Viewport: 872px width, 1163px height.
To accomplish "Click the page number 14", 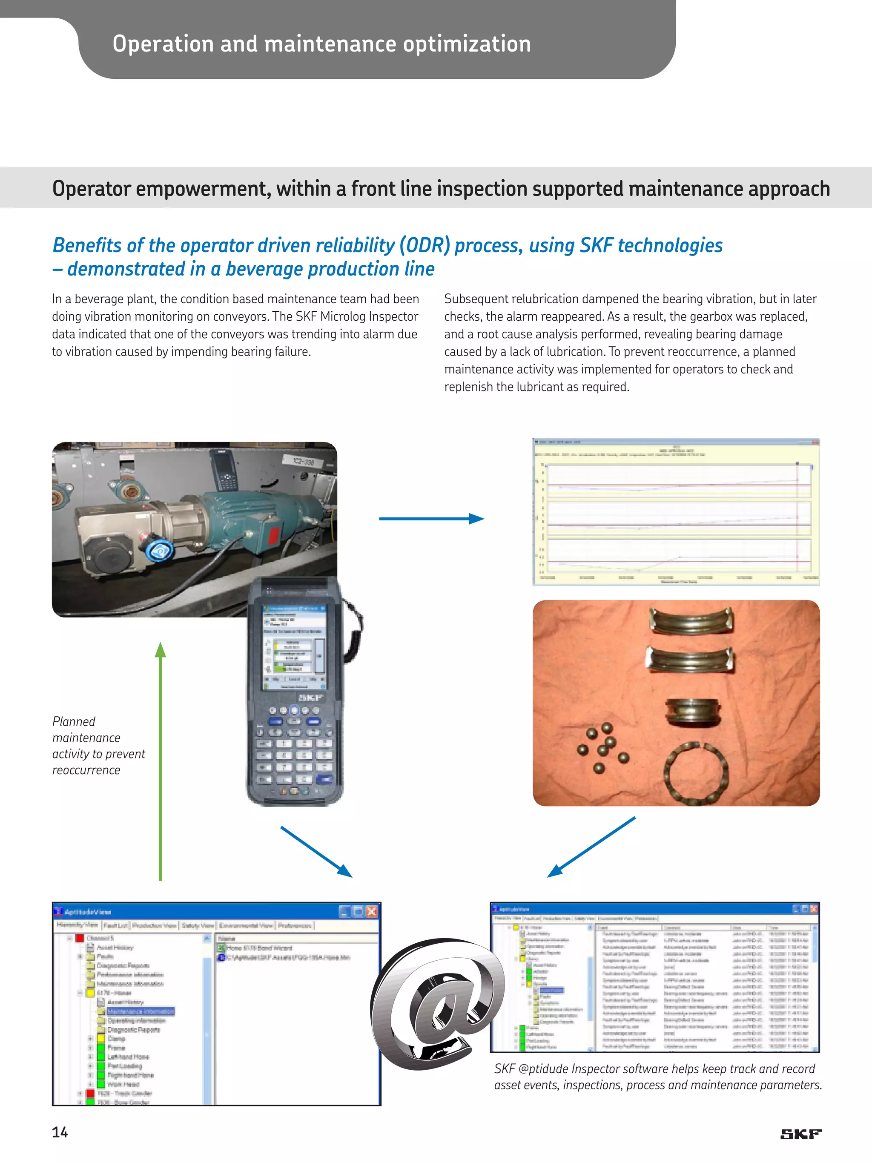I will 59,1132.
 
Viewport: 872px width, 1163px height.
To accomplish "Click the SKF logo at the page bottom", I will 800,1134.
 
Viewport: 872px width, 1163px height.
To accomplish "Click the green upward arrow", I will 161,762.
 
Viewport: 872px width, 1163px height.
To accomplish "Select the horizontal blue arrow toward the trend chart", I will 431,519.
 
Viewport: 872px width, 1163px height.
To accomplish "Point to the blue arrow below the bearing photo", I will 591,847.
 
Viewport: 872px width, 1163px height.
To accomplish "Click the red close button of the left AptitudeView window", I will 372,912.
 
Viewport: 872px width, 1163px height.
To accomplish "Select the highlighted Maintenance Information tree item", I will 141,1011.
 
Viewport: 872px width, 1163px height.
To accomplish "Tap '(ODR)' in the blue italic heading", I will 424,246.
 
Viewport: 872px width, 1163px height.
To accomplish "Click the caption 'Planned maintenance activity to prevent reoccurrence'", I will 98,746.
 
